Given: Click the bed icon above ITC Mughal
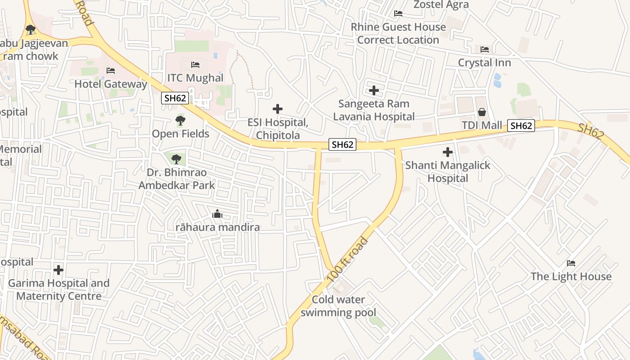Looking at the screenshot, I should (195, 65).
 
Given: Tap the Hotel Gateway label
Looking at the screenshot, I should (111, 84).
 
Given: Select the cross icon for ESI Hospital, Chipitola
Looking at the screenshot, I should (278, 109).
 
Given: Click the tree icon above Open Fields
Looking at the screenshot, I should (180, 121).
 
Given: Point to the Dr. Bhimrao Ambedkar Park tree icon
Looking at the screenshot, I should (176, 159).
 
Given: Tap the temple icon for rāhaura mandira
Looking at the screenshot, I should (217, 214).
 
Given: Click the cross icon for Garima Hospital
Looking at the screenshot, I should (58, 270).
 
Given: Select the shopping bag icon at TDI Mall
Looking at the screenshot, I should (482, 112).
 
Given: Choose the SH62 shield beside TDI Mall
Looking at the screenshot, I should (521, 126).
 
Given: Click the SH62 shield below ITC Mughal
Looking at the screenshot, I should (175, 98).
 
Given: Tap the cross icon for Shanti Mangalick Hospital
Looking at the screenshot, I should (448, 152).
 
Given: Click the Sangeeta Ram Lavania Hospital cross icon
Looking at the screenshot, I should (373, 90).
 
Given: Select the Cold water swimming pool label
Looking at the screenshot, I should (338, 306).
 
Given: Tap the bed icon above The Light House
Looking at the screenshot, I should (571, 263).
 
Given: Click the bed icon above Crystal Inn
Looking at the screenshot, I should (485, 49).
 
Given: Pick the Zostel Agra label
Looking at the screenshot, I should (441, 5).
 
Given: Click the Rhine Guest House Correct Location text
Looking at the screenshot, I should (398, 33).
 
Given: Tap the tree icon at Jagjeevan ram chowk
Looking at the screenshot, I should (31, 30).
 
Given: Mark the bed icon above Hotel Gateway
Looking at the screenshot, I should (111, 71).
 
